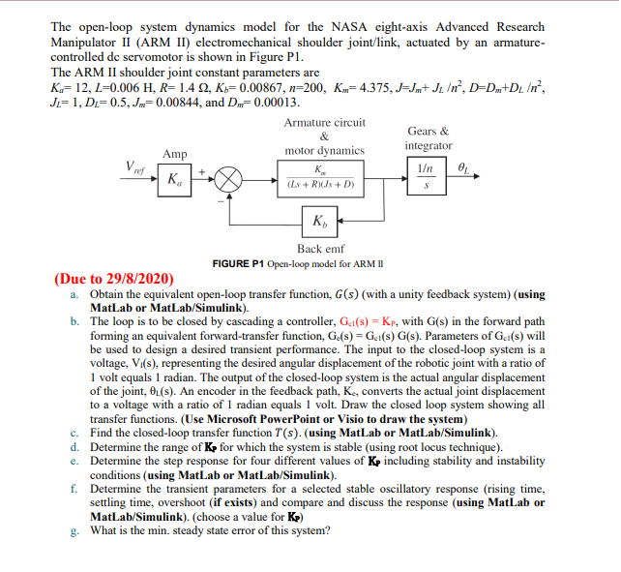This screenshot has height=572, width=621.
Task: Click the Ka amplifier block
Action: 174,179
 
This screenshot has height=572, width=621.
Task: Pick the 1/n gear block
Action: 426,168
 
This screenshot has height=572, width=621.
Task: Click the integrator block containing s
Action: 426,189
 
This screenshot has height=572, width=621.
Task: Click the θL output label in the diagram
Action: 465,167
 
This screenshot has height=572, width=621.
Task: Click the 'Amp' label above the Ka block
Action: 175,154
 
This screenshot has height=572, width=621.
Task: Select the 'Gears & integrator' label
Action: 428,138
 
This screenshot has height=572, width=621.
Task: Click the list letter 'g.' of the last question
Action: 75,529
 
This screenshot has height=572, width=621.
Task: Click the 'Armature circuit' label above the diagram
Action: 325,123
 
